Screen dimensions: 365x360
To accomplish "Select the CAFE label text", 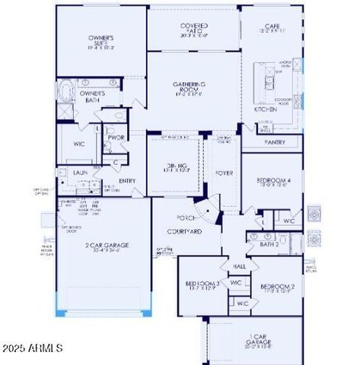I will [x=272, y=26].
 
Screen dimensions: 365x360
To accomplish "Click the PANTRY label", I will [x=274, y=142].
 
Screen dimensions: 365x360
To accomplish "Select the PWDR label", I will [x=116, y=138].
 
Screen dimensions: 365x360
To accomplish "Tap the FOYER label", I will [x=224, y=172].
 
